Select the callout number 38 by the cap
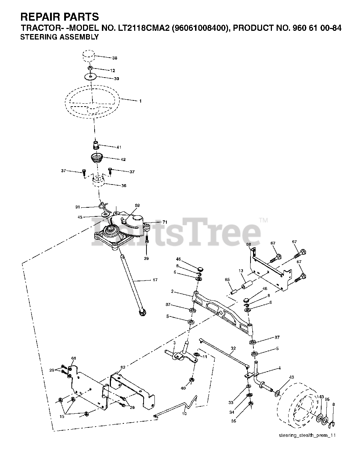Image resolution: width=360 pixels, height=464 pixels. [115, 58]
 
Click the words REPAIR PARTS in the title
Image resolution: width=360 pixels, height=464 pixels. [59, 17]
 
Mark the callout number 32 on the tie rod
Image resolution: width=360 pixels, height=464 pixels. [233, 348]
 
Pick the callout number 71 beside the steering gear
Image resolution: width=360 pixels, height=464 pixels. [165, 222]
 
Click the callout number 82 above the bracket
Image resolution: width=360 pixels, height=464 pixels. [123, 368]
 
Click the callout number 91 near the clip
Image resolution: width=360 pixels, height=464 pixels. [78, 207]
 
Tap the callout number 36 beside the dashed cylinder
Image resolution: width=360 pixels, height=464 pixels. [124, 186]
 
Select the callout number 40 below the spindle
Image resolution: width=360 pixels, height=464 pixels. [183, 388]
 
